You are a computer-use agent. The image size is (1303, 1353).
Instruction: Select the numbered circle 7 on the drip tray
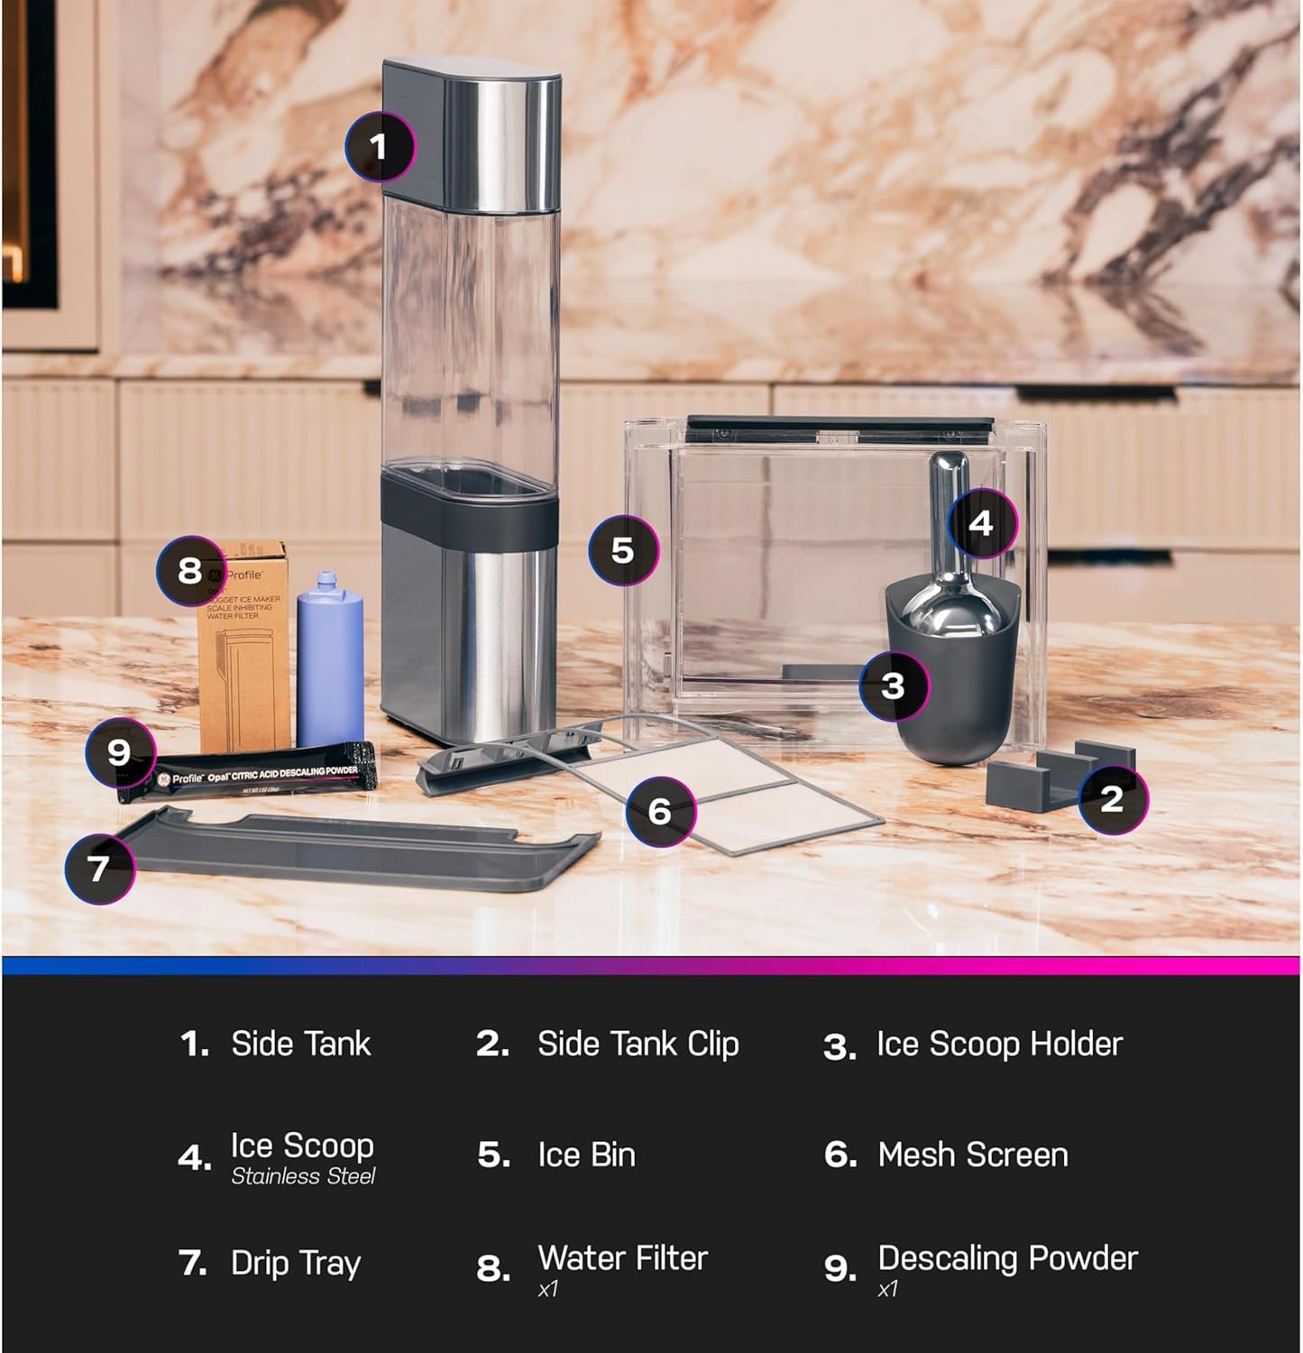click(x=99, y=868)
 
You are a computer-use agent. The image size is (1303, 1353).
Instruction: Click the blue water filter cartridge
click(x=330, y=658)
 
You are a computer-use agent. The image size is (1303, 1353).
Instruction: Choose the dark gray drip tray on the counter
click(x=361, y=852)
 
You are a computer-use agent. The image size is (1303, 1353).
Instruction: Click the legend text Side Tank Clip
click(x=638, y=1044)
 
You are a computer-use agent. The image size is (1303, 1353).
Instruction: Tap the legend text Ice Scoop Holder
click(x=999, y=1044)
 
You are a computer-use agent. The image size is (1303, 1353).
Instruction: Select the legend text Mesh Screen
click(x=973, y=1155)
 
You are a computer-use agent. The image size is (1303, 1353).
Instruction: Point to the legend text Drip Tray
click(x=296, y=1263)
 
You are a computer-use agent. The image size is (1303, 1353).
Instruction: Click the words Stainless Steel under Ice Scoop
click(x=303, y=1176)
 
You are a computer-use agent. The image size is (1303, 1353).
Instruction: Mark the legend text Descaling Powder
click(x=1007, y=1257)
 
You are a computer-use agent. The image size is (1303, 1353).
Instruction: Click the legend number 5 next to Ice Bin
click(x=493, y=1155)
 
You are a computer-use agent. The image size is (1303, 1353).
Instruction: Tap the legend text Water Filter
click(x=622, y=1257)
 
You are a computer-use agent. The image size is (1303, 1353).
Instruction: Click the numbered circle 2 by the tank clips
click(x=1113, y=798)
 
